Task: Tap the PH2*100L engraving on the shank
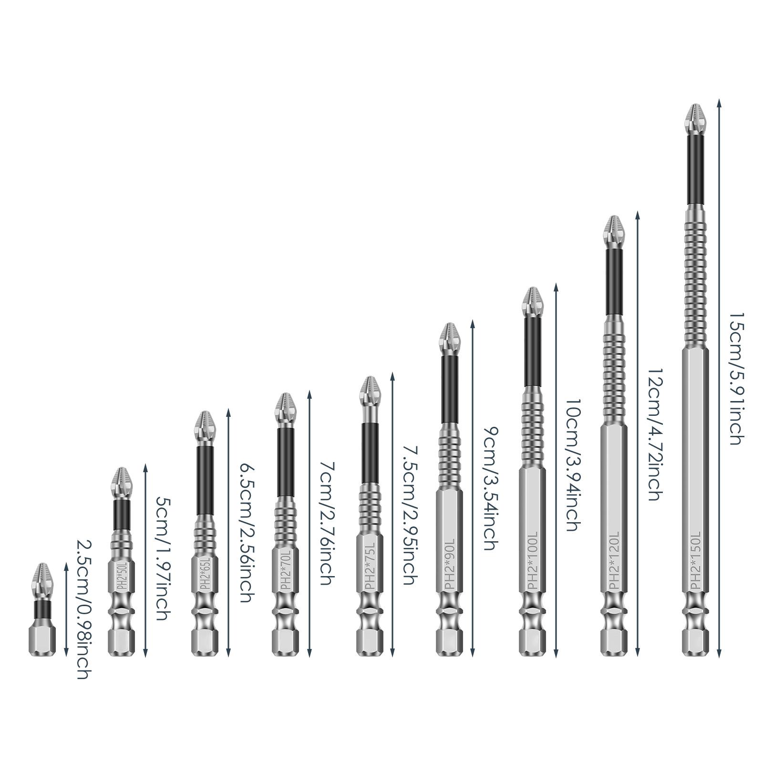pyautogui.click(x=532, y=565)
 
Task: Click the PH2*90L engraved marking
pyautogui.click(x=449, y=567)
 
